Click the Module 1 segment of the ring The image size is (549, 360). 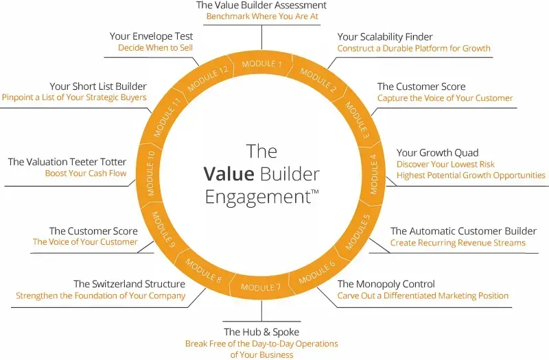(x=261, y=64)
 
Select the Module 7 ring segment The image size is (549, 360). (x=261, y=287)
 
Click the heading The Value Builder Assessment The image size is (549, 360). (x=261, y=5)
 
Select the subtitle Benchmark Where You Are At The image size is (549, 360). (x=261, y=16)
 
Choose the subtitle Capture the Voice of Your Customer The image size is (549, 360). (x=445, y=98)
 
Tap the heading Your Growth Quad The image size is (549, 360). (x=437, y=153)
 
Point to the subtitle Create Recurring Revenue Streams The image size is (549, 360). (x=458, y=243)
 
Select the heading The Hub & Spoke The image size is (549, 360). (x=261, y=333)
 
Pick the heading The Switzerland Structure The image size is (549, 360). (x=129, y=284)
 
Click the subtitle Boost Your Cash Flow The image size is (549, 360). (x=86, y=173)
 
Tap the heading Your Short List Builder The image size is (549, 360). (x=97, y=86)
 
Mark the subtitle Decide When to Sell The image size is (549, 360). (x=155, y=48)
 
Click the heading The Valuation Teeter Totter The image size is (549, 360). (x=67, y=162)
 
